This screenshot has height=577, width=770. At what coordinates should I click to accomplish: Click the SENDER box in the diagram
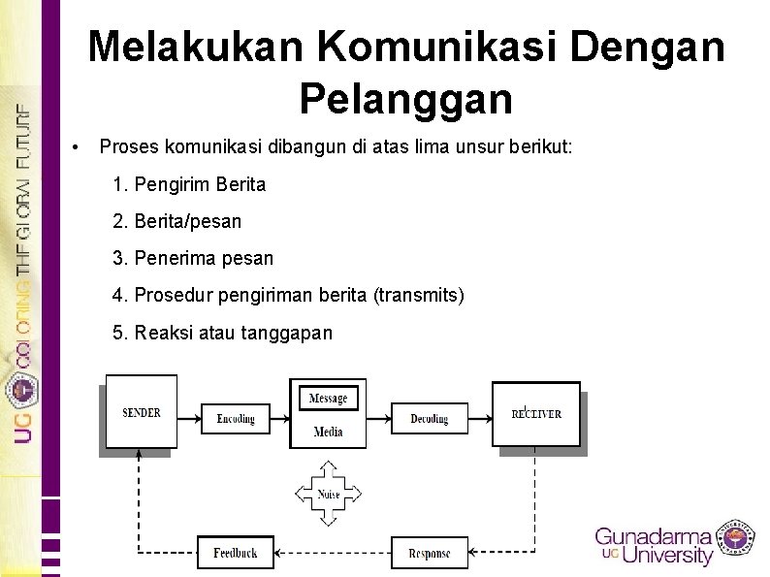pyautogui.click(x=142, y=412)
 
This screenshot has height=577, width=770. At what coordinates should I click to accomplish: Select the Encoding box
pyautogui.click(x=236, y=418)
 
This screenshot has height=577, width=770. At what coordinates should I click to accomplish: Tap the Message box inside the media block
pyautogui.click(x=328, y=399)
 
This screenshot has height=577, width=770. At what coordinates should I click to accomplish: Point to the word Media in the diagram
pyautogui.click(x=328, y=432)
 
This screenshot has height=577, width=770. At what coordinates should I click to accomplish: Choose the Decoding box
pyautogui.click(x=429, y=418)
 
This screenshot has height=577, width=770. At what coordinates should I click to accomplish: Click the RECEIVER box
pyautogui.click(x=536, y=413)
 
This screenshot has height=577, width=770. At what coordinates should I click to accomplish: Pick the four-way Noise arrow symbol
pyautogui.click(x=329, y=494)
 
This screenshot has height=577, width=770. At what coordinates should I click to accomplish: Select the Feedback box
pyautogui.click(x=236, y=552)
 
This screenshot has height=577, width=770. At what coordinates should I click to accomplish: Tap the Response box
pyautogui.click(x=429, y=553)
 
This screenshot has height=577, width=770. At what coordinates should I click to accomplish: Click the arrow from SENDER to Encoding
pyautogui.click(x=188, y=418)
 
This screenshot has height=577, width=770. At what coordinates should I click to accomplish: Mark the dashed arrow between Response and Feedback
pyautogui.click(x=333, y=553)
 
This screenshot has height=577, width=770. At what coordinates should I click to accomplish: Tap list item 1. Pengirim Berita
pyautogui.click(x=189, y=184)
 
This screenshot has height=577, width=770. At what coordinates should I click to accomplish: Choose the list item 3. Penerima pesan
pyautogui.click(x=193, y=259)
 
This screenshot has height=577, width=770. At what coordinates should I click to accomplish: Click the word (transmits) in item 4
pyautogui.click(x=419, y=295)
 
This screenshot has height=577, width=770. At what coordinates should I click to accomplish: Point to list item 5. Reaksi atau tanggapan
pyautogui.click(x=222, y=333)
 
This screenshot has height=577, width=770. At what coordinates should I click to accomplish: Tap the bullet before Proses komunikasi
pyautogui.click(x=76, y=147)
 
